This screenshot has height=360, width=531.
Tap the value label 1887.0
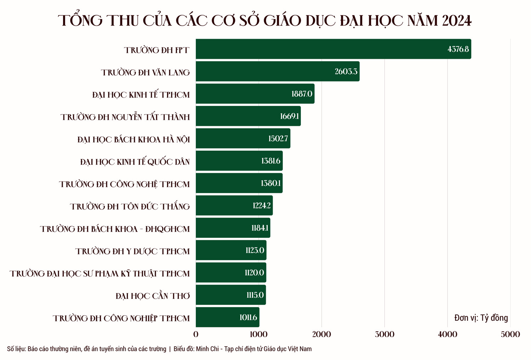[x=302, y=94]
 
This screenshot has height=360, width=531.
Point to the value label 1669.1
[x=289, y=116]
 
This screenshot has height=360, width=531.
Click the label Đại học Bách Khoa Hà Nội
[x=133, y=139]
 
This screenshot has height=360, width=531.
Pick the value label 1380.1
[x=270, y=183]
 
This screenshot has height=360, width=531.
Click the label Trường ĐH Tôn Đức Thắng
[x=130, y=206]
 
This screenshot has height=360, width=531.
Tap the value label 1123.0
[x=255, y=251]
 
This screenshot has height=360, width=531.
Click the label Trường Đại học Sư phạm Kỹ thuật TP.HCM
[x=99, y=274]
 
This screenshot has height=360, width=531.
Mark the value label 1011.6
[x=248, y=317]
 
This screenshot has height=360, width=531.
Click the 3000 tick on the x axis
[x=384, y=334]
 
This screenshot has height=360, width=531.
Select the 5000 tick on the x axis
[x=510, y=334]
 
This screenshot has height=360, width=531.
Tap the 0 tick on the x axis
[x=196, y=334]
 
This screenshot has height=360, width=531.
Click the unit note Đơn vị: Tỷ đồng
[x=481, y=318]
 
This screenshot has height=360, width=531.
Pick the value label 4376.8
[x=458, y=49]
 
